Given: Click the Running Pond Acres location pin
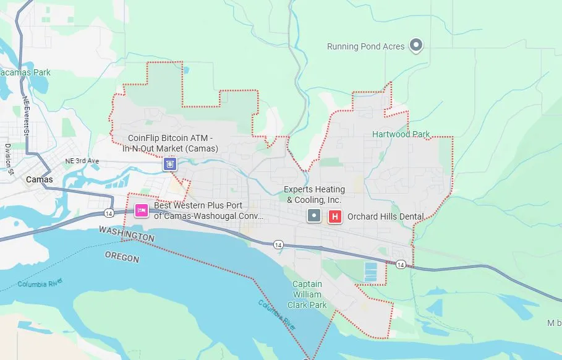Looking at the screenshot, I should click(417, 45).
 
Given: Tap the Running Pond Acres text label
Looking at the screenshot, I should click(365, 46).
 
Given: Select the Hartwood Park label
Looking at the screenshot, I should click(401, 134).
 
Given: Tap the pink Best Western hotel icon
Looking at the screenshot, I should click(141, 211).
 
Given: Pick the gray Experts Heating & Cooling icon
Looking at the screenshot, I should click(315, 216).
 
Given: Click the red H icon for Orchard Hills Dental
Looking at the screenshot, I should click(335, 216).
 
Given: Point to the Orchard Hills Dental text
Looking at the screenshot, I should click(386, 216).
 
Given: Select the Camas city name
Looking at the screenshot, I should click(39, 179).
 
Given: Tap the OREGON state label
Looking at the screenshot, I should click(122, 256).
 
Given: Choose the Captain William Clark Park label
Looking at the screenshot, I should click(307, 294).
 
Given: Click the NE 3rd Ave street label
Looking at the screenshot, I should click(82, 161).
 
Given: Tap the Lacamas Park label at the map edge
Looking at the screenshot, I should click(25, 72).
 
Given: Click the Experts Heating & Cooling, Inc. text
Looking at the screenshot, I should click(314, 194).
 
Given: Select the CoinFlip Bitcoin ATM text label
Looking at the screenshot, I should click(170, 143).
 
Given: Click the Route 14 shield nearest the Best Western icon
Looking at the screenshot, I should click(108, 213).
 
